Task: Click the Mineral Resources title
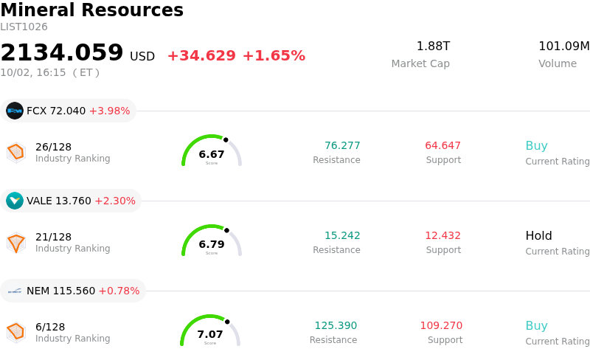tap(91, 10)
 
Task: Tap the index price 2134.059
tap(62, 52)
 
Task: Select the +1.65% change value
tap(274, 56)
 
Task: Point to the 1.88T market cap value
tap(433, 46)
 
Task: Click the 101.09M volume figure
tap(564, 46)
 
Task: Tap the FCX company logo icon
tap(15, 111)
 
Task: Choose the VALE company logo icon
tap(15, 201)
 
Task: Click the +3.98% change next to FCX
tap(109, 111)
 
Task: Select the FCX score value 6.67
tap(212, 154)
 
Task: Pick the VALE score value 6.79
tap(212, 244)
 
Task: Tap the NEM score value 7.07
tap(210, 334)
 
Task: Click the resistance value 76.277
tap(342, 145)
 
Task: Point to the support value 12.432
tap(443, 235)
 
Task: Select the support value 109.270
tap(441, 325)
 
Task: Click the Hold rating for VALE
tap(539, 236)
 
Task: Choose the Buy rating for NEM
tap(537, 326)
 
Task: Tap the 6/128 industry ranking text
tap(50, 327)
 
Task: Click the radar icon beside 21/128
tap(16, 243)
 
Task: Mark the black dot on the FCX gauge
tap(226, 140)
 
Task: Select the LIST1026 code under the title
tap(24, 27)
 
